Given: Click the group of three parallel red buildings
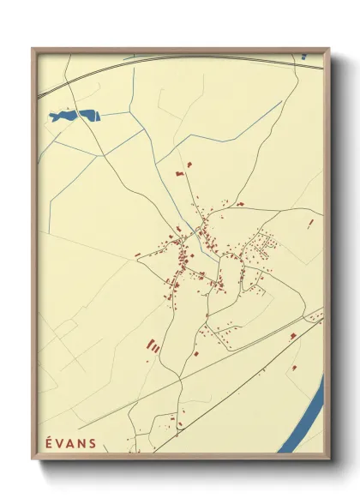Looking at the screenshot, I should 154,346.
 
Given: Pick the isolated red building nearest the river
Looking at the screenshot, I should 294,367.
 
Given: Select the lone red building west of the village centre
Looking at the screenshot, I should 137,254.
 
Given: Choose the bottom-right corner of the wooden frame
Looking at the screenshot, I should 328,461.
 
